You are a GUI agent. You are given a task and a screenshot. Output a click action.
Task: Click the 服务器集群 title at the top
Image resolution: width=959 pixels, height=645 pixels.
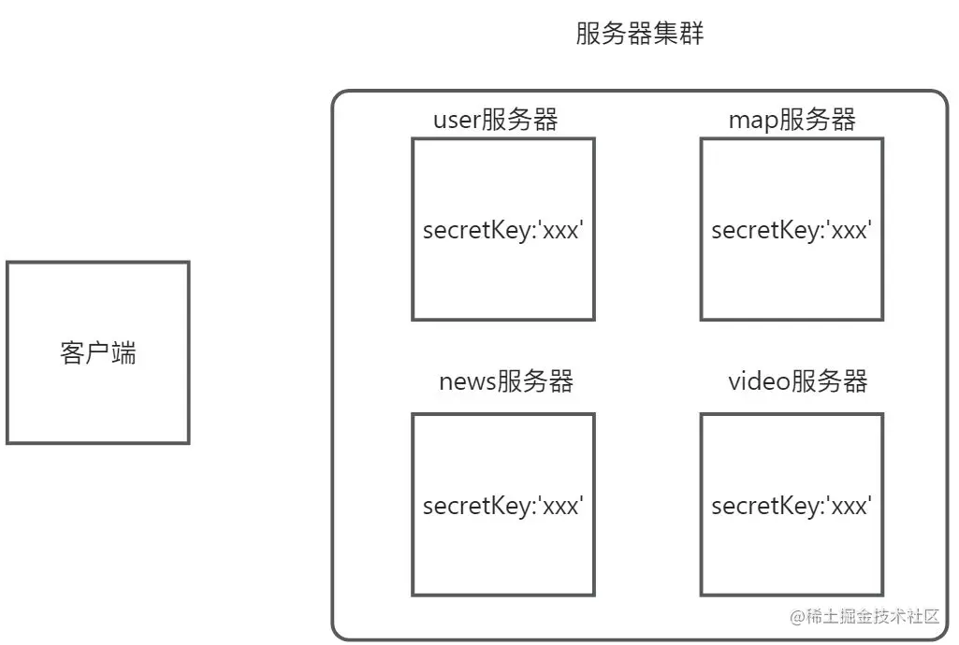pos(639,35)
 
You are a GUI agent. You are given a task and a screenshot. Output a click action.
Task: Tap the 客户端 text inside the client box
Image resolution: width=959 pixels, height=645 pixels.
pos(97,353)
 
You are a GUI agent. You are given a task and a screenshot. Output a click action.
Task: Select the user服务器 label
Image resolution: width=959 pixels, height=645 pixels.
pos(495,120)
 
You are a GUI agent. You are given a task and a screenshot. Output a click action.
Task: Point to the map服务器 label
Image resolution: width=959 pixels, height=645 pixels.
pos(792,120)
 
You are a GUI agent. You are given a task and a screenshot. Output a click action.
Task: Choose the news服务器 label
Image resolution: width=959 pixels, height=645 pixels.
pos(505,381)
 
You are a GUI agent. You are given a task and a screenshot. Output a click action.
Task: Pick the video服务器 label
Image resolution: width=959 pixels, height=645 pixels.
pos(798,381)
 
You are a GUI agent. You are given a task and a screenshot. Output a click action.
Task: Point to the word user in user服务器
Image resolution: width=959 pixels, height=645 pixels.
pos(456,121)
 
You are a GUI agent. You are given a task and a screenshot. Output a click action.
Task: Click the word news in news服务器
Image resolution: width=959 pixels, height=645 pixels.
pos(467,382)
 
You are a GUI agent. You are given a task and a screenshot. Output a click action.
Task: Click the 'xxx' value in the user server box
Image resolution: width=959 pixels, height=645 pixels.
pos(563,230)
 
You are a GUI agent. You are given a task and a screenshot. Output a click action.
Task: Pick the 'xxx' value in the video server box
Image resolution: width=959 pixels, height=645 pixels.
pos(851,506)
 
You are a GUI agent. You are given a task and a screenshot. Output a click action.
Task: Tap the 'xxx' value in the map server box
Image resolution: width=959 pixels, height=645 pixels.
pos(851,230)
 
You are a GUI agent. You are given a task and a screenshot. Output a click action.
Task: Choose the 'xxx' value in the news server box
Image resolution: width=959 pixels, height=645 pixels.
pos(563,506)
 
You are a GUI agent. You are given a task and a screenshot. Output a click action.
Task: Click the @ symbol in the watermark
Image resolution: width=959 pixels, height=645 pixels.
pos(798,617)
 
